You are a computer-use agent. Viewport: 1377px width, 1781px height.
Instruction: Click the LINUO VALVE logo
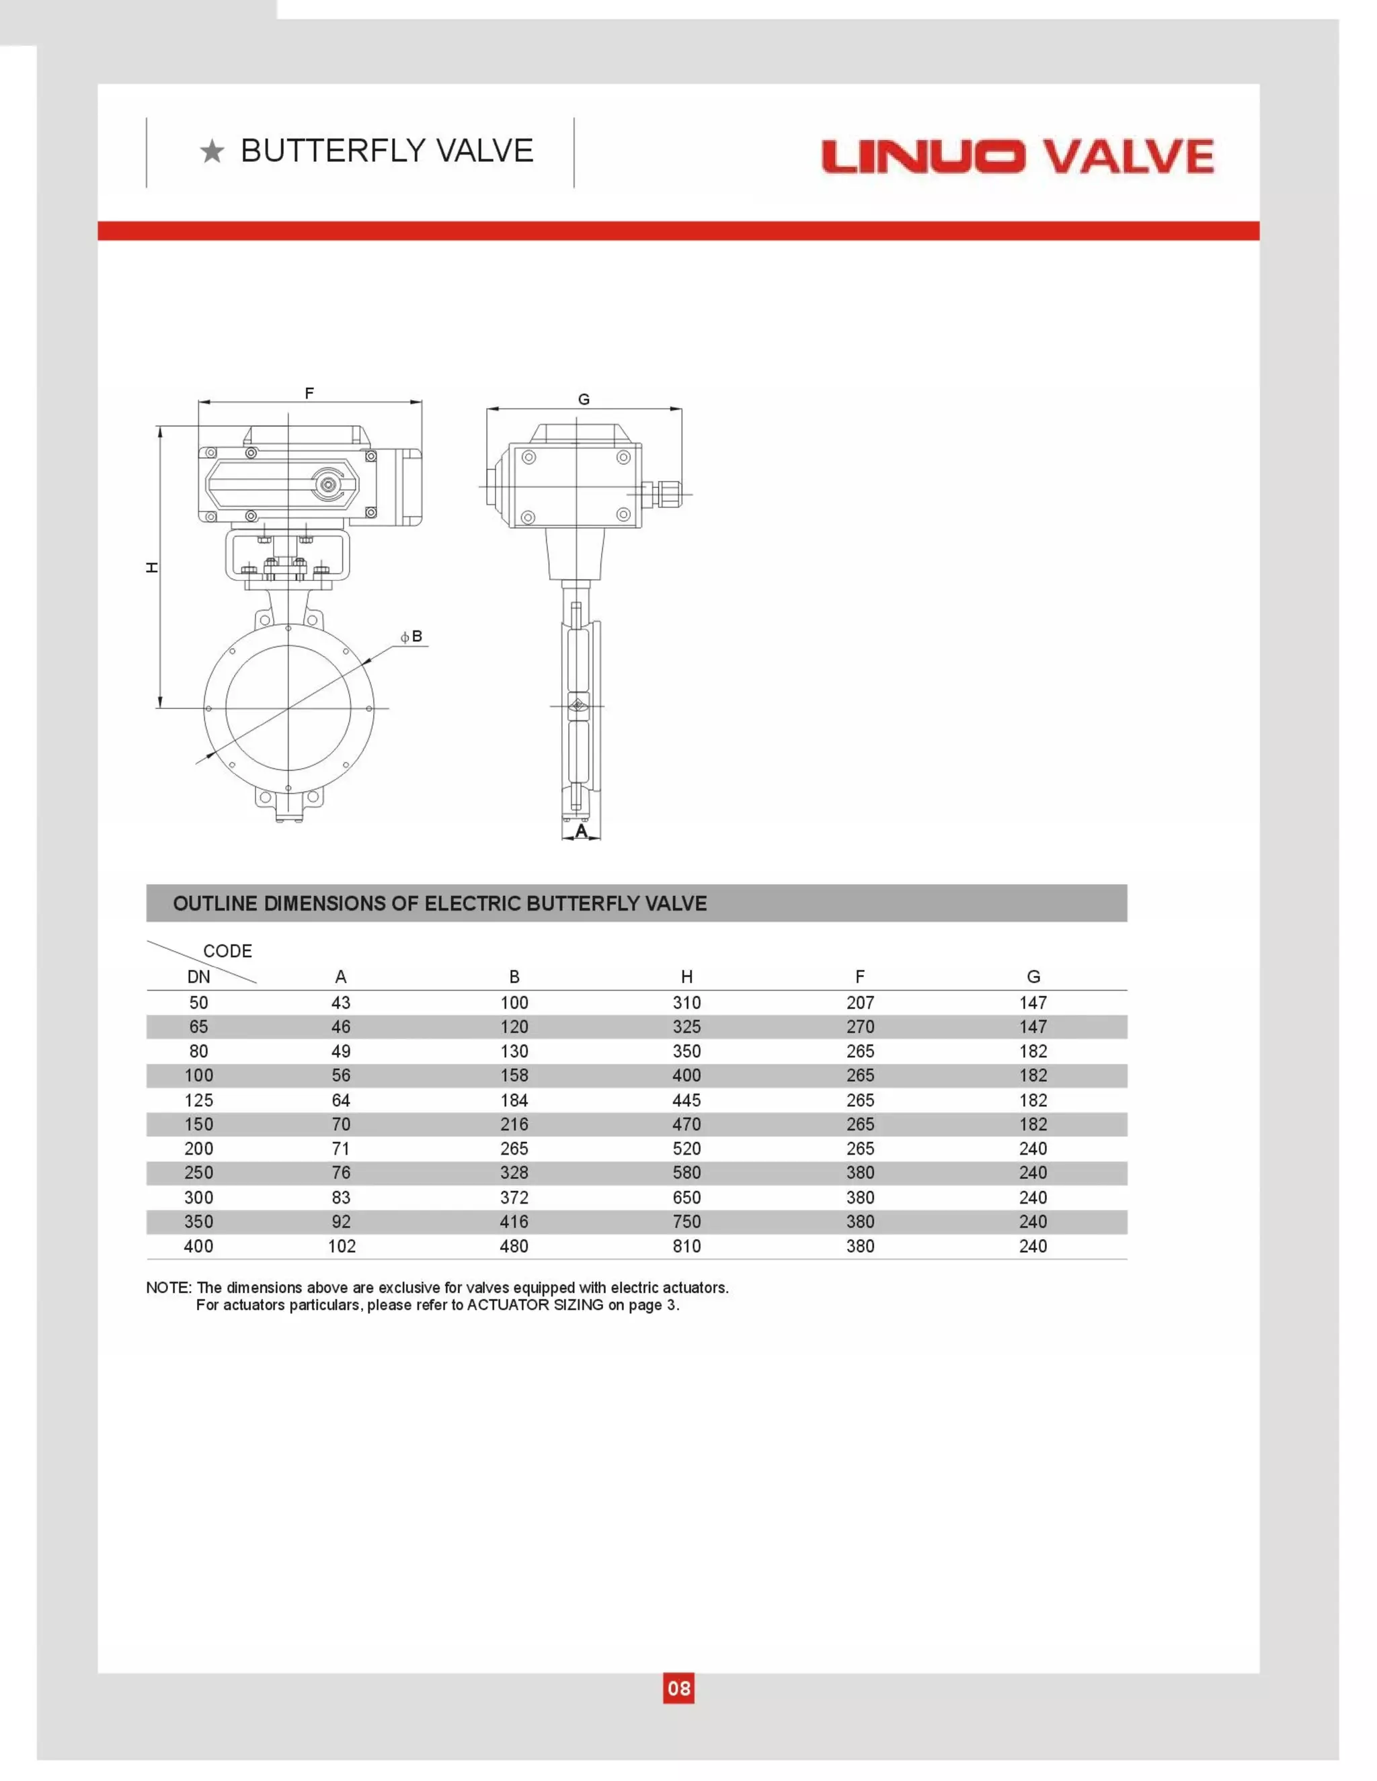coord(1017,157)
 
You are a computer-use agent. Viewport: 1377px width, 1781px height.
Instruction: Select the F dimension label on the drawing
coord(309,394)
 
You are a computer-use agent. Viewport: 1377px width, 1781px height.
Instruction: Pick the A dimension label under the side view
coord(581,831)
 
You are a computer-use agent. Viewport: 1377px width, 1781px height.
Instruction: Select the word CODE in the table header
coord(228,951)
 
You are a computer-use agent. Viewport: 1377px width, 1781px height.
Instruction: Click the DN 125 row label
coord(199,1100)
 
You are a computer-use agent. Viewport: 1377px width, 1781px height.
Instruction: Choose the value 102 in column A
coord(341,1246)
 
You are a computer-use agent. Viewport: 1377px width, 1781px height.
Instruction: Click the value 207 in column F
coord(860,1003)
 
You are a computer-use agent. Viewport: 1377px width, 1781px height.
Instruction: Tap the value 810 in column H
coord(687,1246)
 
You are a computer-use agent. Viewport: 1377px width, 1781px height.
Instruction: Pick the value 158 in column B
coord(514,1075)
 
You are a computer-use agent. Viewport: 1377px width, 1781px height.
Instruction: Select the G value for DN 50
coord(1033,1003)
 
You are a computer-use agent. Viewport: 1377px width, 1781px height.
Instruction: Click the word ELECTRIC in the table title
coord(473,903)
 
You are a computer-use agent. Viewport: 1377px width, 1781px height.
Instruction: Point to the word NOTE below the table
coord(168,1288)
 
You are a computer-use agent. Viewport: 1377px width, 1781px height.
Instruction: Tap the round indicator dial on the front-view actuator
coord(329,485)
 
